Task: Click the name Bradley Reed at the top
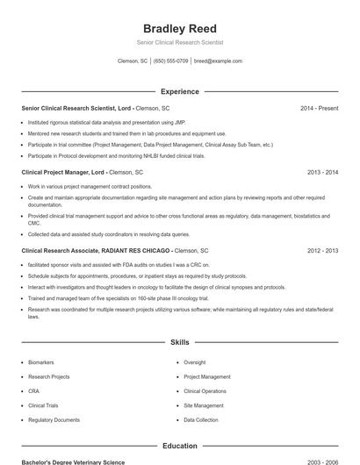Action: pyautogui.click(x=179, y=28)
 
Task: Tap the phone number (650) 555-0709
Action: pyautogui.click(x=170, y=61)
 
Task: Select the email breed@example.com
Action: pyautogui.click(x=218, y=61)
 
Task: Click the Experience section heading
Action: pyautogui.click(x=179, y=91)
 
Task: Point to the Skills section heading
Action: pyautogui.click(x=179, y=341)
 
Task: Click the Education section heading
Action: pyautogui.click(x=179, y=446)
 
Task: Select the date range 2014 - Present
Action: pyautogui.click(x=319, y=108)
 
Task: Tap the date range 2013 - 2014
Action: pyautogui.click(x=323, y=173)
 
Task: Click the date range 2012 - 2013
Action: pyautogui.click(x=323, y=251)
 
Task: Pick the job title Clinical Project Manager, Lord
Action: pyautogui.click(x=63, y=173)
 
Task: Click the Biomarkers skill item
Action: pyautogui.click(x=41, y=362)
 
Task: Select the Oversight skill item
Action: pyautogui.click(x=195, y=362)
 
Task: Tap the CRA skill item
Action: pyautogui.click(x=33, y=391)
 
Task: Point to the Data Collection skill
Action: pyautogui.click(x=201, y=420)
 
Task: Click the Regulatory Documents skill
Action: pyautogui.click(x=54, y=420)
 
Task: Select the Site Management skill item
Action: pyautogui.click(x=204, y=405)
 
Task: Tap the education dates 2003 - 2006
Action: pyautogui.click(x=323, y=461)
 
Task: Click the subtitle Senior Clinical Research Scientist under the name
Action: pyautogui.click(x=179, y=42)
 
